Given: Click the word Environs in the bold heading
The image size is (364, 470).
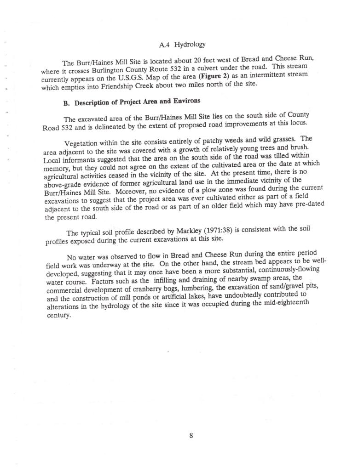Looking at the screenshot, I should [186, 101].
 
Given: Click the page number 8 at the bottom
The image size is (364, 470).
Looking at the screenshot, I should [191, 436].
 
